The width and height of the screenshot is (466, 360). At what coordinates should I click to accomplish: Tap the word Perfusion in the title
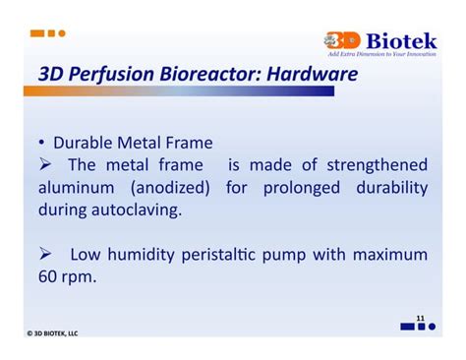100,73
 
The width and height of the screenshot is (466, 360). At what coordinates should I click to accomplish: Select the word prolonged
299,187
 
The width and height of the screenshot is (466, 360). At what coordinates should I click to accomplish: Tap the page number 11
420,319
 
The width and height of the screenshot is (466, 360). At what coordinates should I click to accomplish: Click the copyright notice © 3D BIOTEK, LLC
53,332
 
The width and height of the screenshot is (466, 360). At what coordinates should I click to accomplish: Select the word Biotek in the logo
402,40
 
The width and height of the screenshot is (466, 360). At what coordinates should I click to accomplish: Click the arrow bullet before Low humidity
45,255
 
